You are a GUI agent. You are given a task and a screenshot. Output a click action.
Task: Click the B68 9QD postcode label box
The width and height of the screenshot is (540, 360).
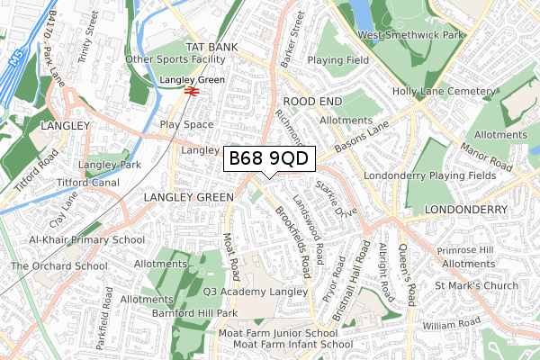click(x=268, y=158)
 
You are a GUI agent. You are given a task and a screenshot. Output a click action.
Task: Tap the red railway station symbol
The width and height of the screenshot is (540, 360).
click(x=190, y=90)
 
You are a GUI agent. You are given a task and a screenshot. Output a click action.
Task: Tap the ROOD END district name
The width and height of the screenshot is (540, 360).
click(x=310, y=103)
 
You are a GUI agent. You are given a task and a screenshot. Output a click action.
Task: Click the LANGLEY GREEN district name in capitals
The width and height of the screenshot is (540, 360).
click(x=185, y=196)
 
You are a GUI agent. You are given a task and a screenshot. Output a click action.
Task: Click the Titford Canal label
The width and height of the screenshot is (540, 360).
click(x=88, y=183)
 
